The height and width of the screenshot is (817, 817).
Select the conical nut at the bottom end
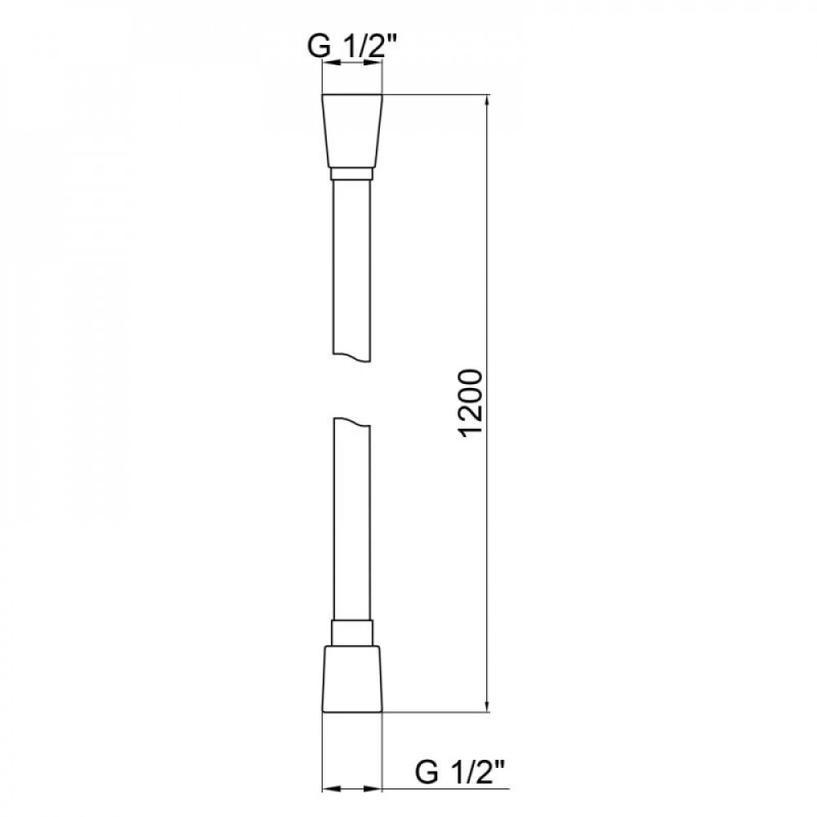[352, 679]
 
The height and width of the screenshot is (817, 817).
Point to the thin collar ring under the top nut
[352, 174]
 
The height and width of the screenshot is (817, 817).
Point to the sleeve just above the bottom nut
[352, 632]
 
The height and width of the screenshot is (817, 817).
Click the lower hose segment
[352, 523]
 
